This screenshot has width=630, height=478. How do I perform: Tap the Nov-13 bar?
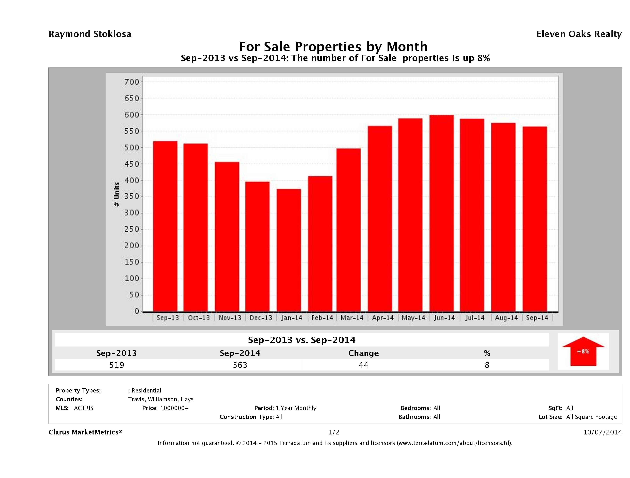[x=227, y=237]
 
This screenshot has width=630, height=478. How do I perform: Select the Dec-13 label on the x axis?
[x=261, y=318]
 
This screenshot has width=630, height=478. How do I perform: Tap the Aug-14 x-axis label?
[x=506, y=318]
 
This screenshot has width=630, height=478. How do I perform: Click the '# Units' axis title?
[x=117, y=194]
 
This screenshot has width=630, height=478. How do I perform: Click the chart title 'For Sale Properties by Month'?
[x=333, y=46]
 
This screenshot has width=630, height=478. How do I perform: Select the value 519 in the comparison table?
[x=117, y=365]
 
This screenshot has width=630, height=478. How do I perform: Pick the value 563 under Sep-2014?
[x=240, y=365]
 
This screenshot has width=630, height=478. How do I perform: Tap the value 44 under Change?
[x=364, y=365]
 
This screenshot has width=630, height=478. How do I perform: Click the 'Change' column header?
[x=364, y=353]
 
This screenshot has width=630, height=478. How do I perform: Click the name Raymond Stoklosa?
[x=90, y=34]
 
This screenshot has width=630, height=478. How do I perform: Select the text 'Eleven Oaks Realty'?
[x=579, y=34]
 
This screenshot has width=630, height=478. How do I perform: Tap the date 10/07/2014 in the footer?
[x=602, y=432]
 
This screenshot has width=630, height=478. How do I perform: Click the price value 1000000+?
[x=174, y=408]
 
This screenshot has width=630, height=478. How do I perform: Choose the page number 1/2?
[x=333, y=432]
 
